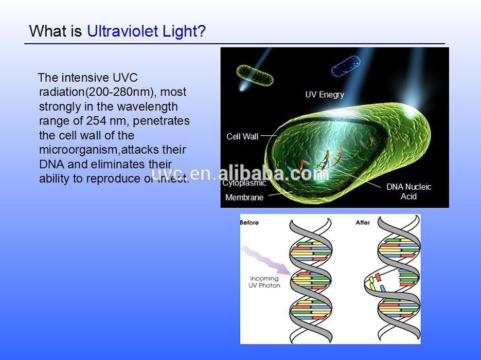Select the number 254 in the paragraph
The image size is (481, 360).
coord(96,120)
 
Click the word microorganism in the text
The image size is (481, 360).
coord(78,150)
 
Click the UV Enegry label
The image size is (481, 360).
coord(325,95)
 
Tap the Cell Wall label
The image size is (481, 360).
coord(242,136)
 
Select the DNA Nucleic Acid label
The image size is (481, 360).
coord(408,191)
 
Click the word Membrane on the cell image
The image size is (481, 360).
coord(244,197)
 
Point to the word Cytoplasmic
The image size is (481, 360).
coord(244,183)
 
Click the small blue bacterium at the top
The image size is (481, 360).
coord(346,66)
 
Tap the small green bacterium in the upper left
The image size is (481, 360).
coord(255,75)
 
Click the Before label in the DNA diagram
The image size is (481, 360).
coord(249,223)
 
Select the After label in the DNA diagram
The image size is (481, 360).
coord(363,223)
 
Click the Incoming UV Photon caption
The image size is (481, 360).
coord(264,282)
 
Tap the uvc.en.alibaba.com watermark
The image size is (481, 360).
coord(240,173)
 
